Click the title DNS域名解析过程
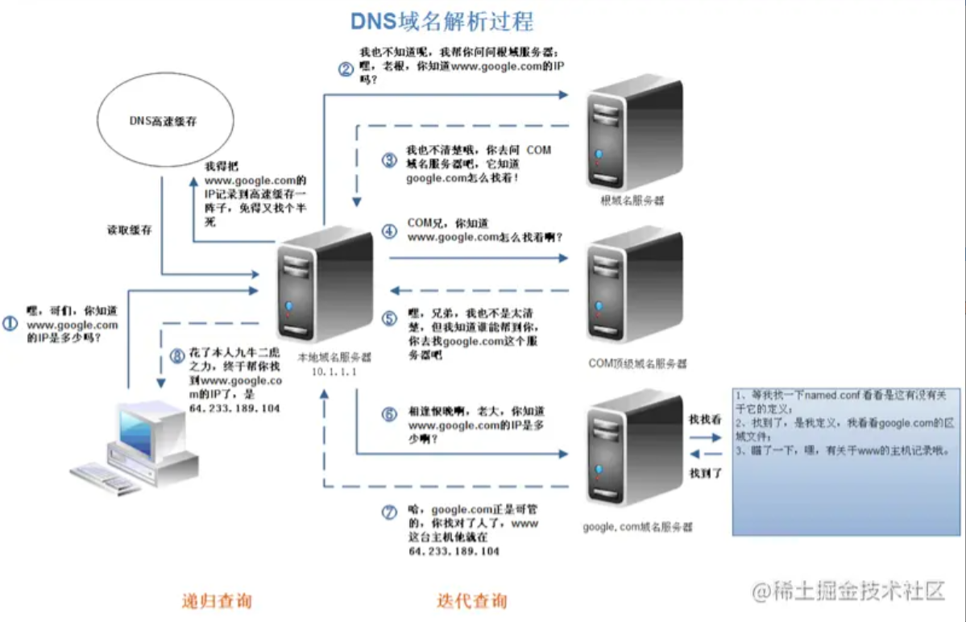tap(442, 20)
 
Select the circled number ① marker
tap(10, 324)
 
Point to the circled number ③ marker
tap(390, 160)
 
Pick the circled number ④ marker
tap(390, 230)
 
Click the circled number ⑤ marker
tap(390, 318)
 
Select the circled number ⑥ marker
tap(390, 414)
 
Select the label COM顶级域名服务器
tap(637, 364)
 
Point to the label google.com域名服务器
tap(637, 527)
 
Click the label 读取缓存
tap(129, 230)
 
